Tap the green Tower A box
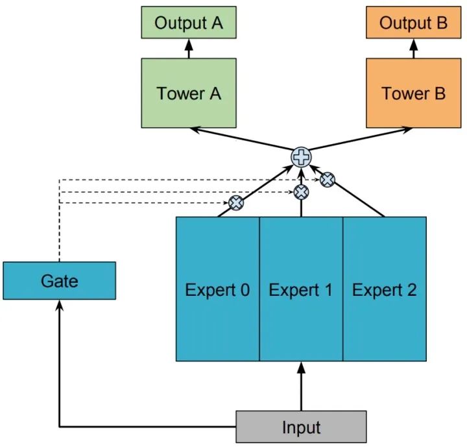click(x=189, y=93)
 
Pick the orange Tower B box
click(x=413, y=93)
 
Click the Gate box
click(x=59, y=280)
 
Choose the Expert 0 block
click(x=217, y=289)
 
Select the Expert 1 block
click(x=300, y=289)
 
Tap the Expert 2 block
click(x=384, y=289)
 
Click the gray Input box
click(x=301, y=427)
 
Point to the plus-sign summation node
click(x=300, y=156)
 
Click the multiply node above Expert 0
click(x=237, y=202)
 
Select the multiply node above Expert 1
click(x=301, y=191)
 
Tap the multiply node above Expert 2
click(x=328, y=179)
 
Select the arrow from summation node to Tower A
click(x=240, y=142)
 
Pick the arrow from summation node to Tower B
click(x=360, y=142)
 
